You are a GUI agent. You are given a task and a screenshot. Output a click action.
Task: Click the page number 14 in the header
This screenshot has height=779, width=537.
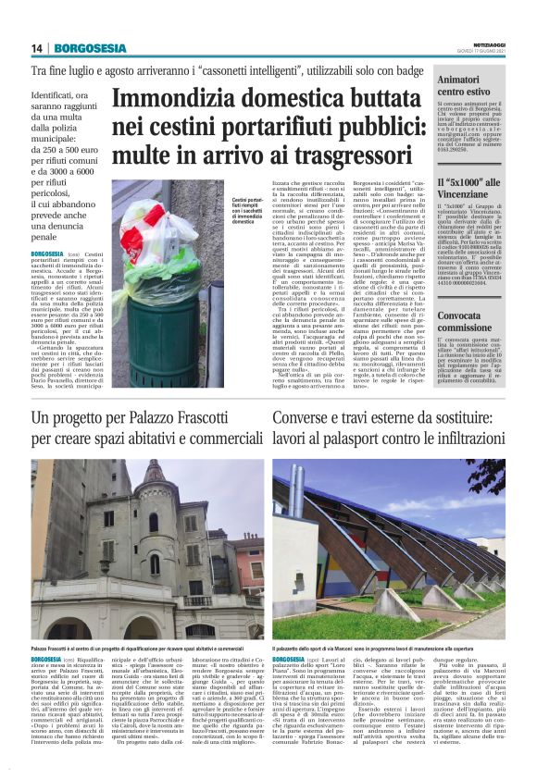37,48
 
